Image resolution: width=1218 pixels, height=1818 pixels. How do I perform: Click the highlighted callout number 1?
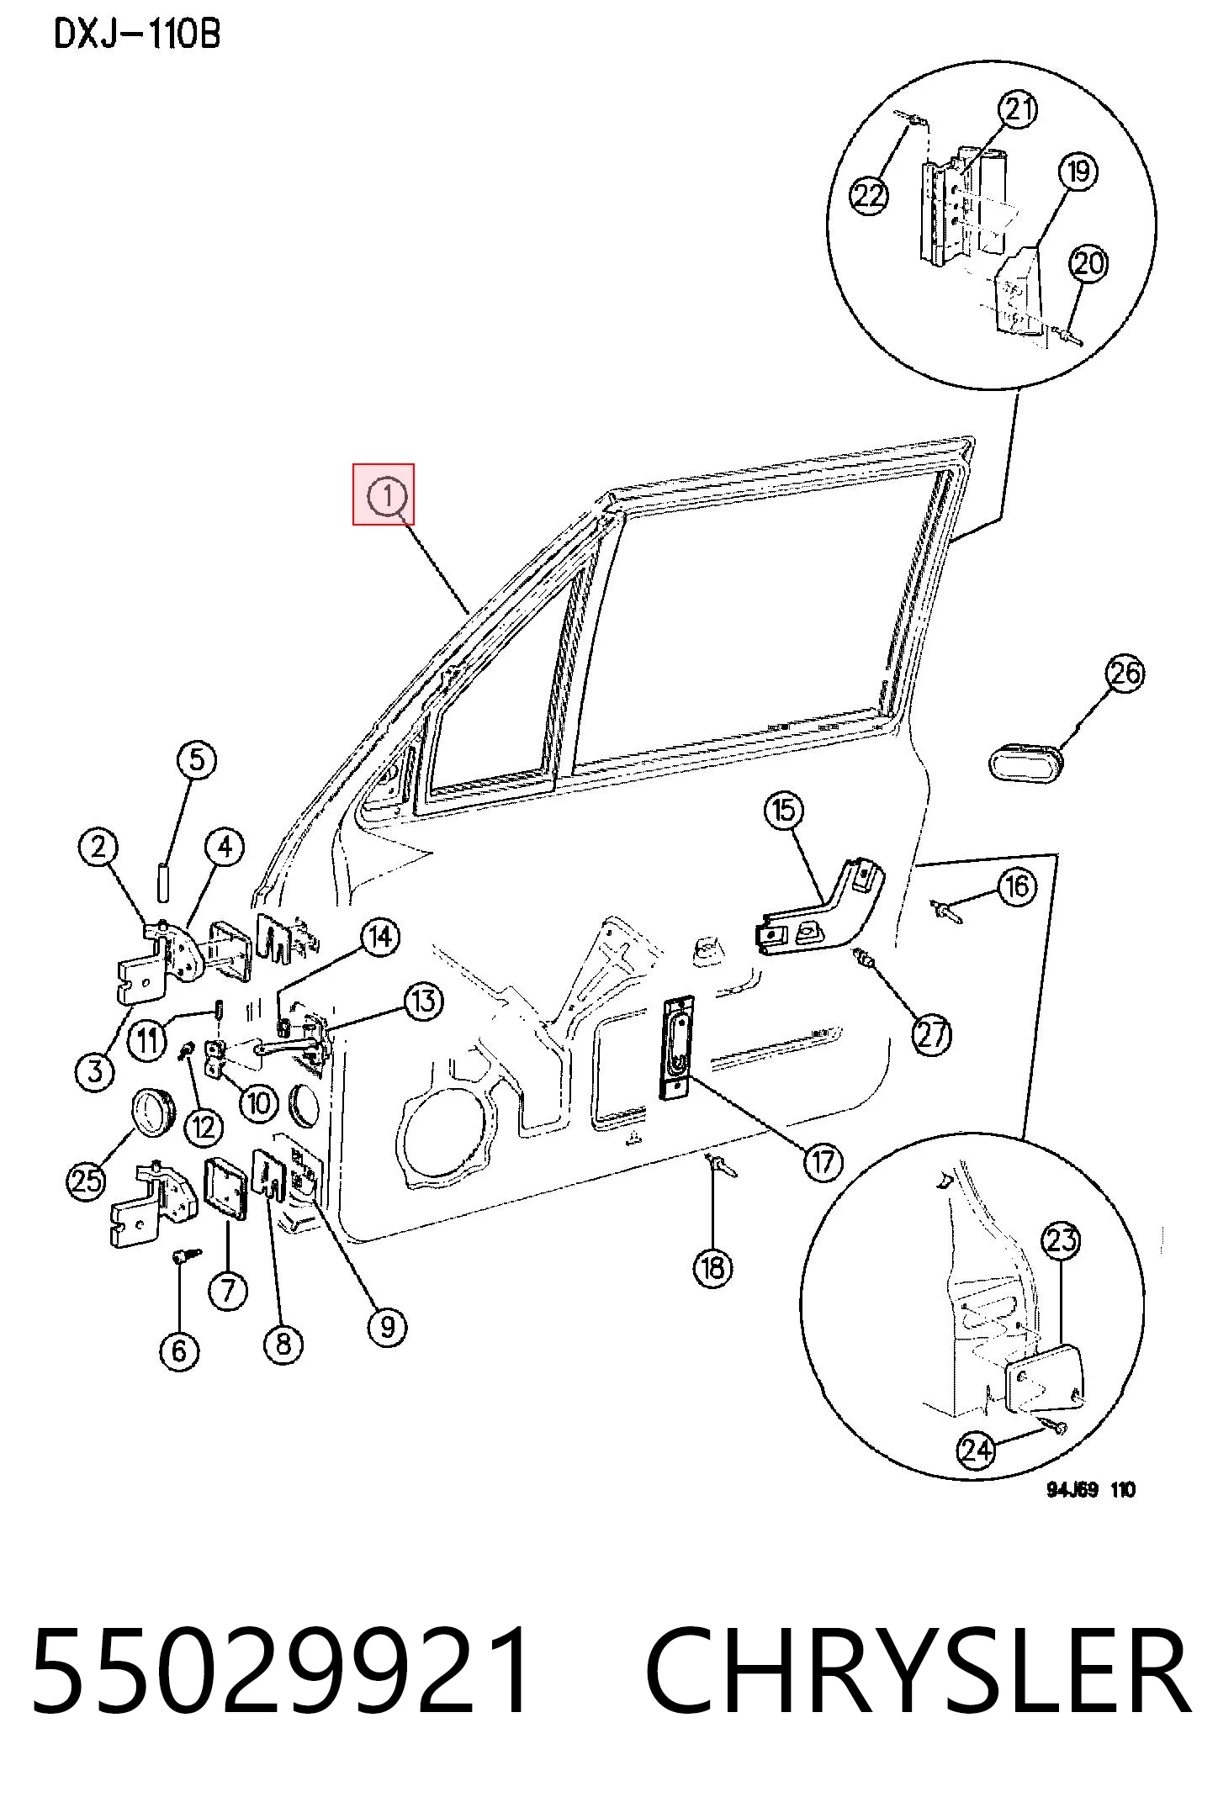387,495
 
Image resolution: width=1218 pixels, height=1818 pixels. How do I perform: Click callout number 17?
822,1161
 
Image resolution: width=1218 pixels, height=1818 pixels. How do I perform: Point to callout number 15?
784,811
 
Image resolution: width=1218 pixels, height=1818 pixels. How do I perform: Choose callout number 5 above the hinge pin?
196,760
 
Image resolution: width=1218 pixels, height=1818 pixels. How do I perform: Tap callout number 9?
387,1326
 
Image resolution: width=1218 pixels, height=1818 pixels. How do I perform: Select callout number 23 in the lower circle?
1062,1239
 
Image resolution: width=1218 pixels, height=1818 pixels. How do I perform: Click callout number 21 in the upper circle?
1019,109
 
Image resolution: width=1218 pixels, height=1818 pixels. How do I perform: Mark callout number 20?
1088,264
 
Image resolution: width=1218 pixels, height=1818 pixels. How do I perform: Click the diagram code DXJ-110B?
137,34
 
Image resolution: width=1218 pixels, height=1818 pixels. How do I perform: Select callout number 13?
423,1001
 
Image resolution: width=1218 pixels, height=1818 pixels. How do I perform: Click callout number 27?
932,1034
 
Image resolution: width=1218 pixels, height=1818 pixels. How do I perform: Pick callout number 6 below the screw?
179,1350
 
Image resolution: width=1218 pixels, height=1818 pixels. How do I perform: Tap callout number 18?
713,1266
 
